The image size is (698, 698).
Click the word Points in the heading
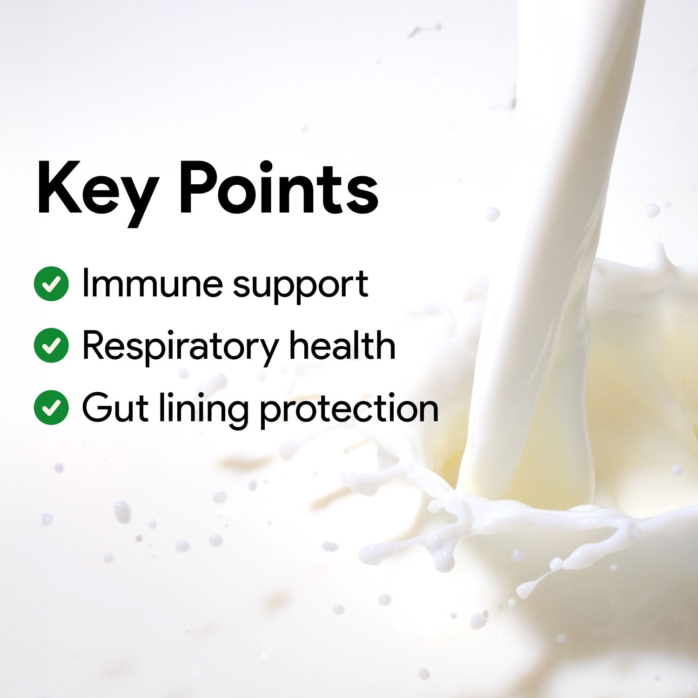point(278,188)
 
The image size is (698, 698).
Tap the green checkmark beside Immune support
point(51,283)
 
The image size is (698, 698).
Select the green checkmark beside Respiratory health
point(51,345)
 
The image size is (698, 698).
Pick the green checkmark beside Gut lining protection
point(51,407)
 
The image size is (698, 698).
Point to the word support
point(301,286)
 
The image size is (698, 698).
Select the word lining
point(202,409)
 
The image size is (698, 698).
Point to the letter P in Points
point(198,188)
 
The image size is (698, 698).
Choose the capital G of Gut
point(96,407)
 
